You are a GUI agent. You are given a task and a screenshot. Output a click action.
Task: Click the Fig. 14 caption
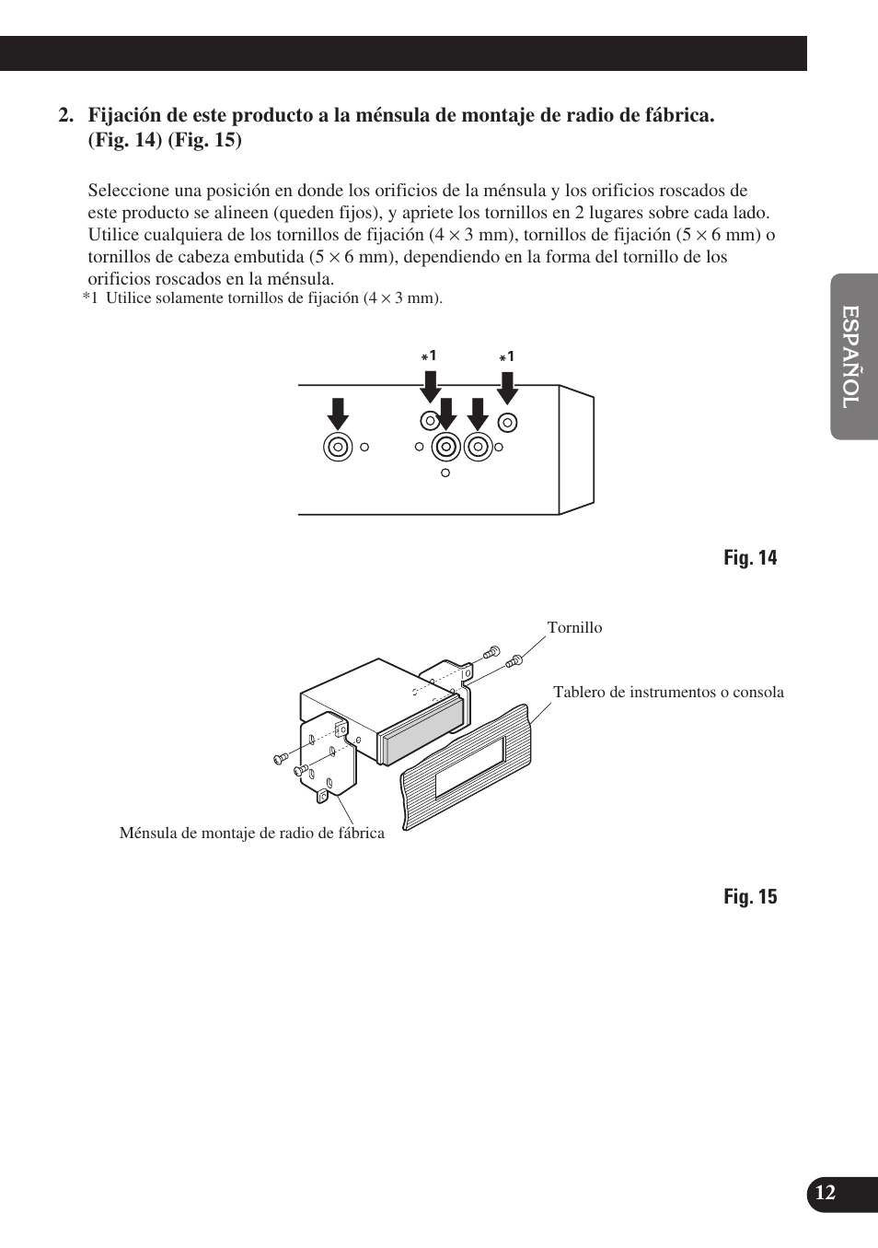click(749, 557)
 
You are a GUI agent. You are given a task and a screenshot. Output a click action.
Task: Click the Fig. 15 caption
click(749, 896)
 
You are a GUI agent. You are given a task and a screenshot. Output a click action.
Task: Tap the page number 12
click(825, 1193)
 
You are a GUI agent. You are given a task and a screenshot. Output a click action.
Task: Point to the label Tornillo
click(574, 627)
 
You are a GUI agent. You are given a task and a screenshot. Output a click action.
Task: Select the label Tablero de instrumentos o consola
click(668, 692)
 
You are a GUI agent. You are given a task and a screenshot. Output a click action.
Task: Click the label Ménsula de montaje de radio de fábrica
click(251, 833)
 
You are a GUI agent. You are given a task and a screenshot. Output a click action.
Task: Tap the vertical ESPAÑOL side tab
click(852, 356)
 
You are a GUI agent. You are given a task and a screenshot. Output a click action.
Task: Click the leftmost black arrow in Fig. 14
click(338, 414)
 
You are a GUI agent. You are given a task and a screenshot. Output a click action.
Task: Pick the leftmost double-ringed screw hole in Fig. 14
click(338, 447)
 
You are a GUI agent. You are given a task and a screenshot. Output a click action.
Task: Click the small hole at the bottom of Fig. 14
click(445, 472)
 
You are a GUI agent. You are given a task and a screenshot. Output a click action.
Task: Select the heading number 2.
click(65, 116)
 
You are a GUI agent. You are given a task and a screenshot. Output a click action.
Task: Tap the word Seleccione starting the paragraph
click(129, 191)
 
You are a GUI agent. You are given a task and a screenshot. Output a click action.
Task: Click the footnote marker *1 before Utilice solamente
click(89, 298)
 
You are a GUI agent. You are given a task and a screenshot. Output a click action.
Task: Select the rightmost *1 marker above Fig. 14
click(507, 356)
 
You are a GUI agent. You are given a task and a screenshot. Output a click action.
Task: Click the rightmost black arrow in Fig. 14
click(507, 387)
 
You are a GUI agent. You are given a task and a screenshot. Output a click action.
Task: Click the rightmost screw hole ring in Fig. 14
click(507, 423)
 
